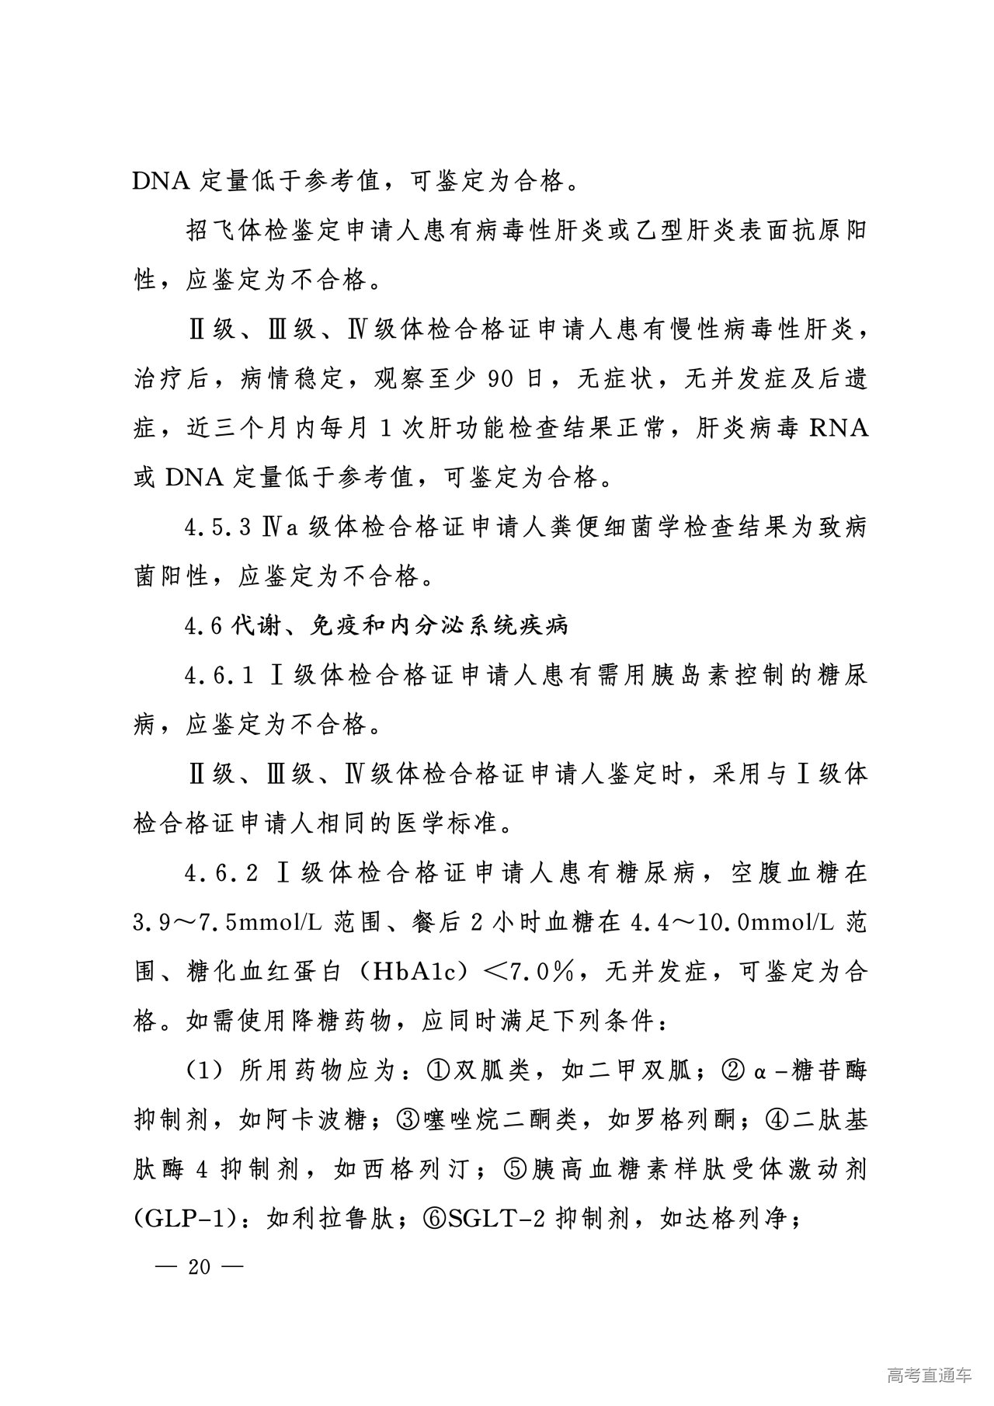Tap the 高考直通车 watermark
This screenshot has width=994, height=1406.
pos(928,1376)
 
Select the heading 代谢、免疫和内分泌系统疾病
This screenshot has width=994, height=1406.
pos(401,625)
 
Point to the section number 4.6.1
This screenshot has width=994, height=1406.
pos(221,675)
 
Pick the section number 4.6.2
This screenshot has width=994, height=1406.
pos(221,873)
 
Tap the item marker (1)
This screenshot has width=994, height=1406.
pos(204,1071)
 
